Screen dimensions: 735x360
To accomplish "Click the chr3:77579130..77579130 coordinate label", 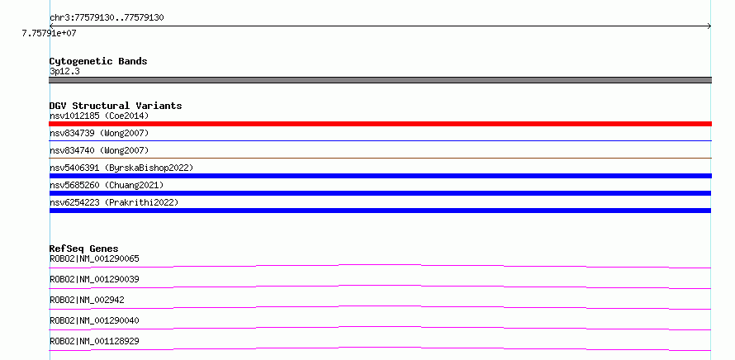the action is coord(107,18).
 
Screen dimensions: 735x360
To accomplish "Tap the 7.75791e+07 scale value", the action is coord(49,33).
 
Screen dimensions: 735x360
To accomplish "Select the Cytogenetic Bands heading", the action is coord(98,61).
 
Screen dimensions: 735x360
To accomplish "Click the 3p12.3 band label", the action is coord(64,71).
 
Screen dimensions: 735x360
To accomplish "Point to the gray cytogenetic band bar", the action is coord(380,80).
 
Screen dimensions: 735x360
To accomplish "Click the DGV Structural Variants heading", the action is coord(116,106).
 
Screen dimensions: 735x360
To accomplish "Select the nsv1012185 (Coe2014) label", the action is coord(99,116).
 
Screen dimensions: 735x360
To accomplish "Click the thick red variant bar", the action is coord(380,124).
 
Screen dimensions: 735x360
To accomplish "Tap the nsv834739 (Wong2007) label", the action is coord(99,134).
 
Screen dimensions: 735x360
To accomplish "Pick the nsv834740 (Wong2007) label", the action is coord(99,150).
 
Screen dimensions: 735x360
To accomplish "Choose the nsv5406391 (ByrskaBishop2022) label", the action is coord(121,168).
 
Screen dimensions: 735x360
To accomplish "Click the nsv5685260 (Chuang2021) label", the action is coord(107,185).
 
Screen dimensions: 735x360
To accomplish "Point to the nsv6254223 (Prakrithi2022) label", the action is coord(114,202).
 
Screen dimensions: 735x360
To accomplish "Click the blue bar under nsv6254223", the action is coord(380,211).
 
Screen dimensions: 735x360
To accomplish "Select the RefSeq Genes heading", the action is coord(84,249).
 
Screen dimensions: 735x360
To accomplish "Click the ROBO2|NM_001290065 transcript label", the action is coord(94,258).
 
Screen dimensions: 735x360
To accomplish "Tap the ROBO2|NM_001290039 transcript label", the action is coord(94,279).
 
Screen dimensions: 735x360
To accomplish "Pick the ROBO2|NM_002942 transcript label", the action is coord(87,300).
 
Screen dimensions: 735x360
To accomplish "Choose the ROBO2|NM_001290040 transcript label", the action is coord(94,320).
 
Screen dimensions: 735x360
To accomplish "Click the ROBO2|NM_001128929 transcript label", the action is coord(94,341).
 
